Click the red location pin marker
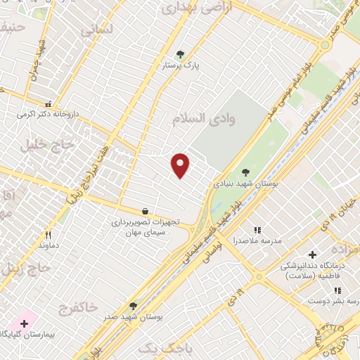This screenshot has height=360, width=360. point(181,165)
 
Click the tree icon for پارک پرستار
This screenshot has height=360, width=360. point(181,53)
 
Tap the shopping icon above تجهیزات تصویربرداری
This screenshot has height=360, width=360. point(145,210)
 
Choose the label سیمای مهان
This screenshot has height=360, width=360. point(144,232)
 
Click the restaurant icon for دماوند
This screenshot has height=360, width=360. point(49,235)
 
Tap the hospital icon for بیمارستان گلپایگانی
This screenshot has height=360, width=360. point(25,323)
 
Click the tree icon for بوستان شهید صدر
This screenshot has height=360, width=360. point(133,306)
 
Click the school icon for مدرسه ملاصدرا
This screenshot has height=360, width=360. point(257,230)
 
